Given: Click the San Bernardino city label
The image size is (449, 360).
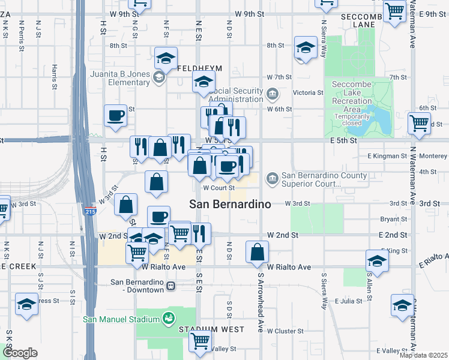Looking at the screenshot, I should click(x=230, y=204).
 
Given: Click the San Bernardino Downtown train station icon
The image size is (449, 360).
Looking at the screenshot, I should click(x=171, y=286).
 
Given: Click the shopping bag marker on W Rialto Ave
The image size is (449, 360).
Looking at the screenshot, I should click(x=257, y=253).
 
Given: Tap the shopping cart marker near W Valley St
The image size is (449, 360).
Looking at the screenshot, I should click(x=200, y=341).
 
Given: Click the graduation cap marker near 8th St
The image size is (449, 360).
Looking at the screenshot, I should click(x=306, y=48).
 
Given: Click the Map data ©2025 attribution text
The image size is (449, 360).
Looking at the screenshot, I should click(x=424, y=355).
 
